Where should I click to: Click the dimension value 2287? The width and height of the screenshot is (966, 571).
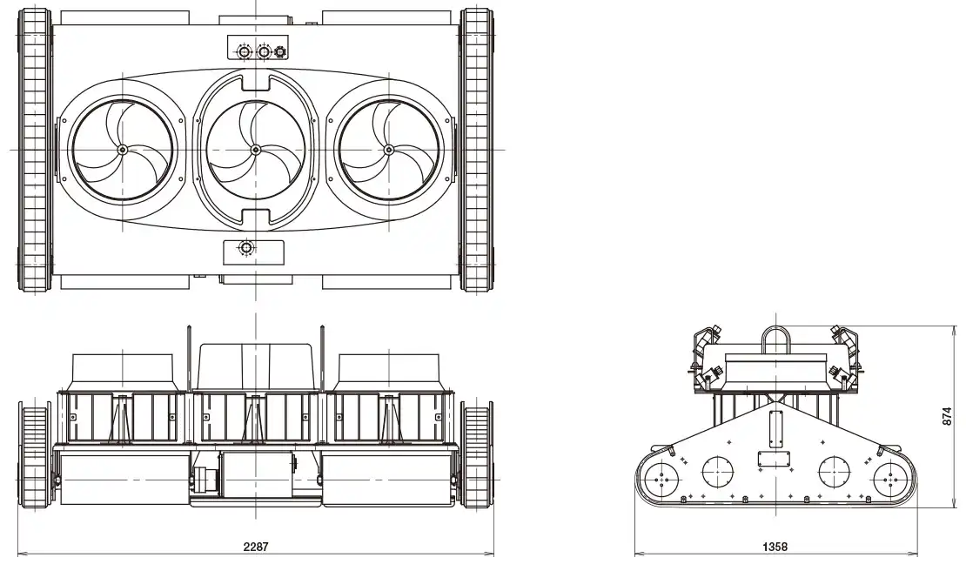coord(256,547)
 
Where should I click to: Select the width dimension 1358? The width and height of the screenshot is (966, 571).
coord(775,547)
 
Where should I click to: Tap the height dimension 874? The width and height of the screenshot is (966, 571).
coord(948,418)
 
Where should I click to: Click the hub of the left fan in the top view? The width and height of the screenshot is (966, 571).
coord(121,150)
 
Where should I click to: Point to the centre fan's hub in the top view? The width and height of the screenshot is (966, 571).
coord(256,150)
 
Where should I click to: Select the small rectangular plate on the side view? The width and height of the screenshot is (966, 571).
coord(772,460)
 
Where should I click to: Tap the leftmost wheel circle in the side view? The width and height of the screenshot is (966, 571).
coord(663,477)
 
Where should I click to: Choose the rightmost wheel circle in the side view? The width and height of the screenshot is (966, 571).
coord(889,477)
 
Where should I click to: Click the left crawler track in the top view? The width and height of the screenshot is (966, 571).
coord(36,150)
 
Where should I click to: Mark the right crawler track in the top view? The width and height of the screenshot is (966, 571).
coord(476,150)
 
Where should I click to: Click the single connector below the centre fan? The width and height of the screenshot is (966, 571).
coord(247,250)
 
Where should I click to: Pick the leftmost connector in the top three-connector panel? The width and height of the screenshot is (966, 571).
coord(244,52)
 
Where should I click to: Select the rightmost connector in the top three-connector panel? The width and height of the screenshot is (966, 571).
coord(280,52)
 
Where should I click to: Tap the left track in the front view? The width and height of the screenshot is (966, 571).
coord(36,456)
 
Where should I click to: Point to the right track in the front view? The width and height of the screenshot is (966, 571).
coord(477,456)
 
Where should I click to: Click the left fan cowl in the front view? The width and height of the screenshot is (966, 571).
coord(126,372)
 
